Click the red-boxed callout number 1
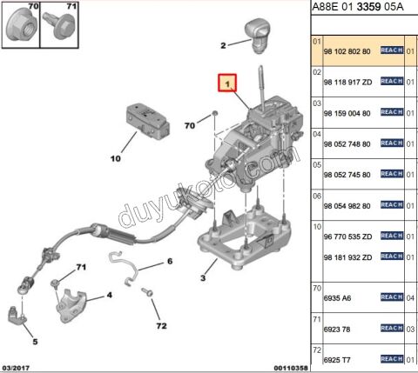227,84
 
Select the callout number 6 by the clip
170,261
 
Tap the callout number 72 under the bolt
160,326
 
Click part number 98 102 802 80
347,51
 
